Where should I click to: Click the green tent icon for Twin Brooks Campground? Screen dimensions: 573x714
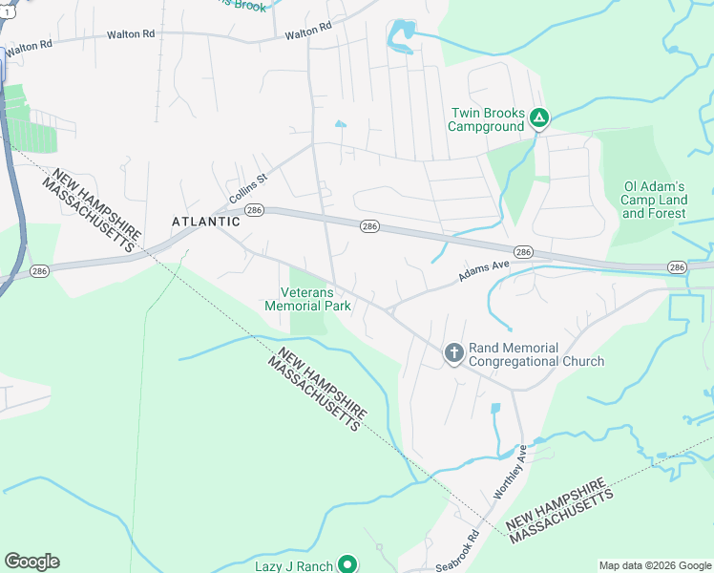(539, 118)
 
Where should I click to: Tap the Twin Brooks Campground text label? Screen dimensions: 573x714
(487, 118)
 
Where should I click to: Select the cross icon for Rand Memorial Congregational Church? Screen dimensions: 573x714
(453, 353)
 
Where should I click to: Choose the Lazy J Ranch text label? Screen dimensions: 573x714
(294, 566)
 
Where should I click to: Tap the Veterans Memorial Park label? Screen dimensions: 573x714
(307, 299)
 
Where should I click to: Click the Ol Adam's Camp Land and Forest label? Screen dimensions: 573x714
(654, 200)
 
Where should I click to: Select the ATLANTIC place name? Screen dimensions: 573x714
(206, 222)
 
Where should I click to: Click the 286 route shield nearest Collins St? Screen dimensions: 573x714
(254, 210)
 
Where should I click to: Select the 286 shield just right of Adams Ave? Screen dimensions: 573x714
(523, 251)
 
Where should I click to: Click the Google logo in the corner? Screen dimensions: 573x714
(31, 562)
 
